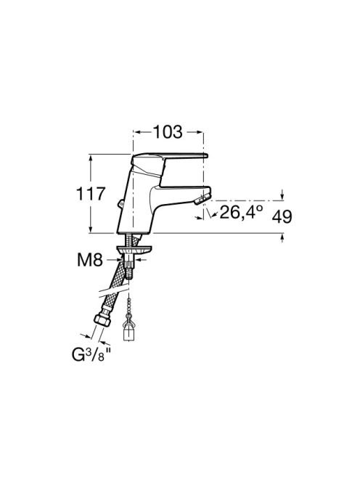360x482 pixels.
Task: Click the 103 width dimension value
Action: point(168,132)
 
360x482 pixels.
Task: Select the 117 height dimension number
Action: point(91,194)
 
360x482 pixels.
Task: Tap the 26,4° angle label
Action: point(242,212)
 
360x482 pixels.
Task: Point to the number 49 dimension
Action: point(282,217)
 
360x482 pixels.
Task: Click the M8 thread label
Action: point(89,260)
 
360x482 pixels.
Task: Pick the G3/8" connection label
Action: point(91,355)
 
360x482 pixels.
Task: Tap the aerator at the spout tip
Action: point(202,198)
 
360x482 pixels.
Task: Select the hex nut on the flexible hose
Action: point(102,319)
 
